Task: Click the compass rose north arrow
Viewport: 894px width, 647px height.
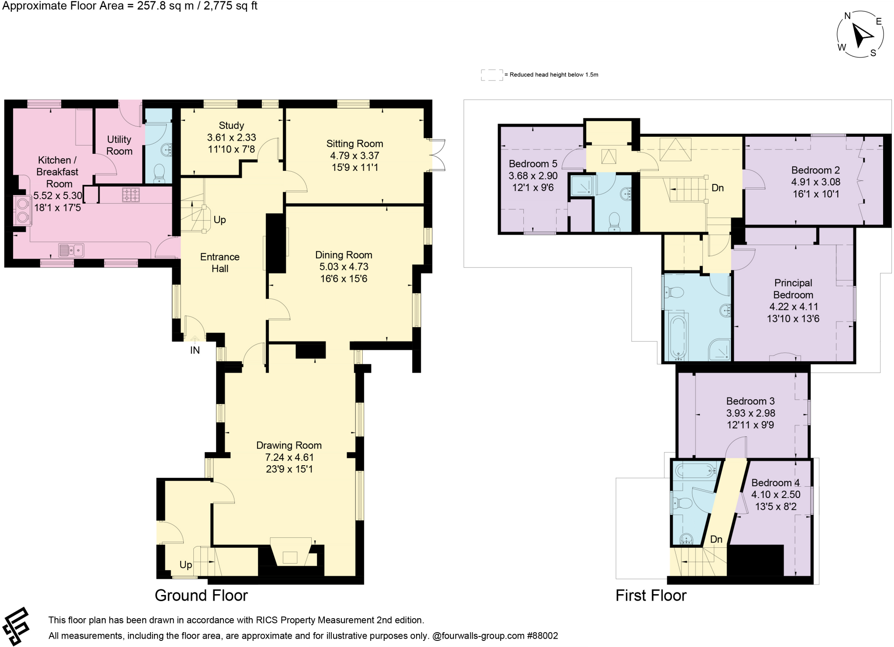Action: tap(862, 35)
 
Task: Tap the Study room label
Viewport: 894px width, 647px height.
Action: tap(231, 126)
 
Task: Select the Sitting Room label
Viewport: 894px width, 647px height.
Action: tap(354, 144)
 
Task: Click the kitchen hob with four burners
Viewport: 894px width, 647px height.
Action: tap(131, 194)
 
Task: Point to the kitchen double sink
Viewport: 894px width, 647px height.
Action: tap(71, 251)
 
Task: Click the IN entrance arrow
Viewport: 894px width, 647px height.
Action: tap(195, 339)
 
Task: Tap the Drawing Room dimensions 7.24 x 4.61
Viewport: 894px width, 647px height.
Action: tap(289, 457)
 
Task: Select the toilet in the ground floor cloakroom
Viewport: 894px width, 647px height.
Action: tap(159, 173)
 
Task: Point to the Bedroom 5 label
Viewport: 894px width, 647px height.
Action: tap(533, 164)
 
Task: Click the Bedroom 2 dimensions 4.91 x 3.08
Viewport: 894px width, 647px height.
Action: tap(815, 182)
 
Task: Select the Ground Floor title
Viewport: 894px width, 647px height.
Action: tap(201, 595)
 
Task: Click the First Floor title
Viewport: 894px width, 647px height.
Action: tap(651, 595)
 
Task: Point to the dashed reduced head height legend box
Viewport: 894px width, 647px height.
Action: tap(492, 75)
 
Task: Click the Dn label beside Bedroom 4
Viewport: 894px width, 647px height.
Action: tap(716, 539)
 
